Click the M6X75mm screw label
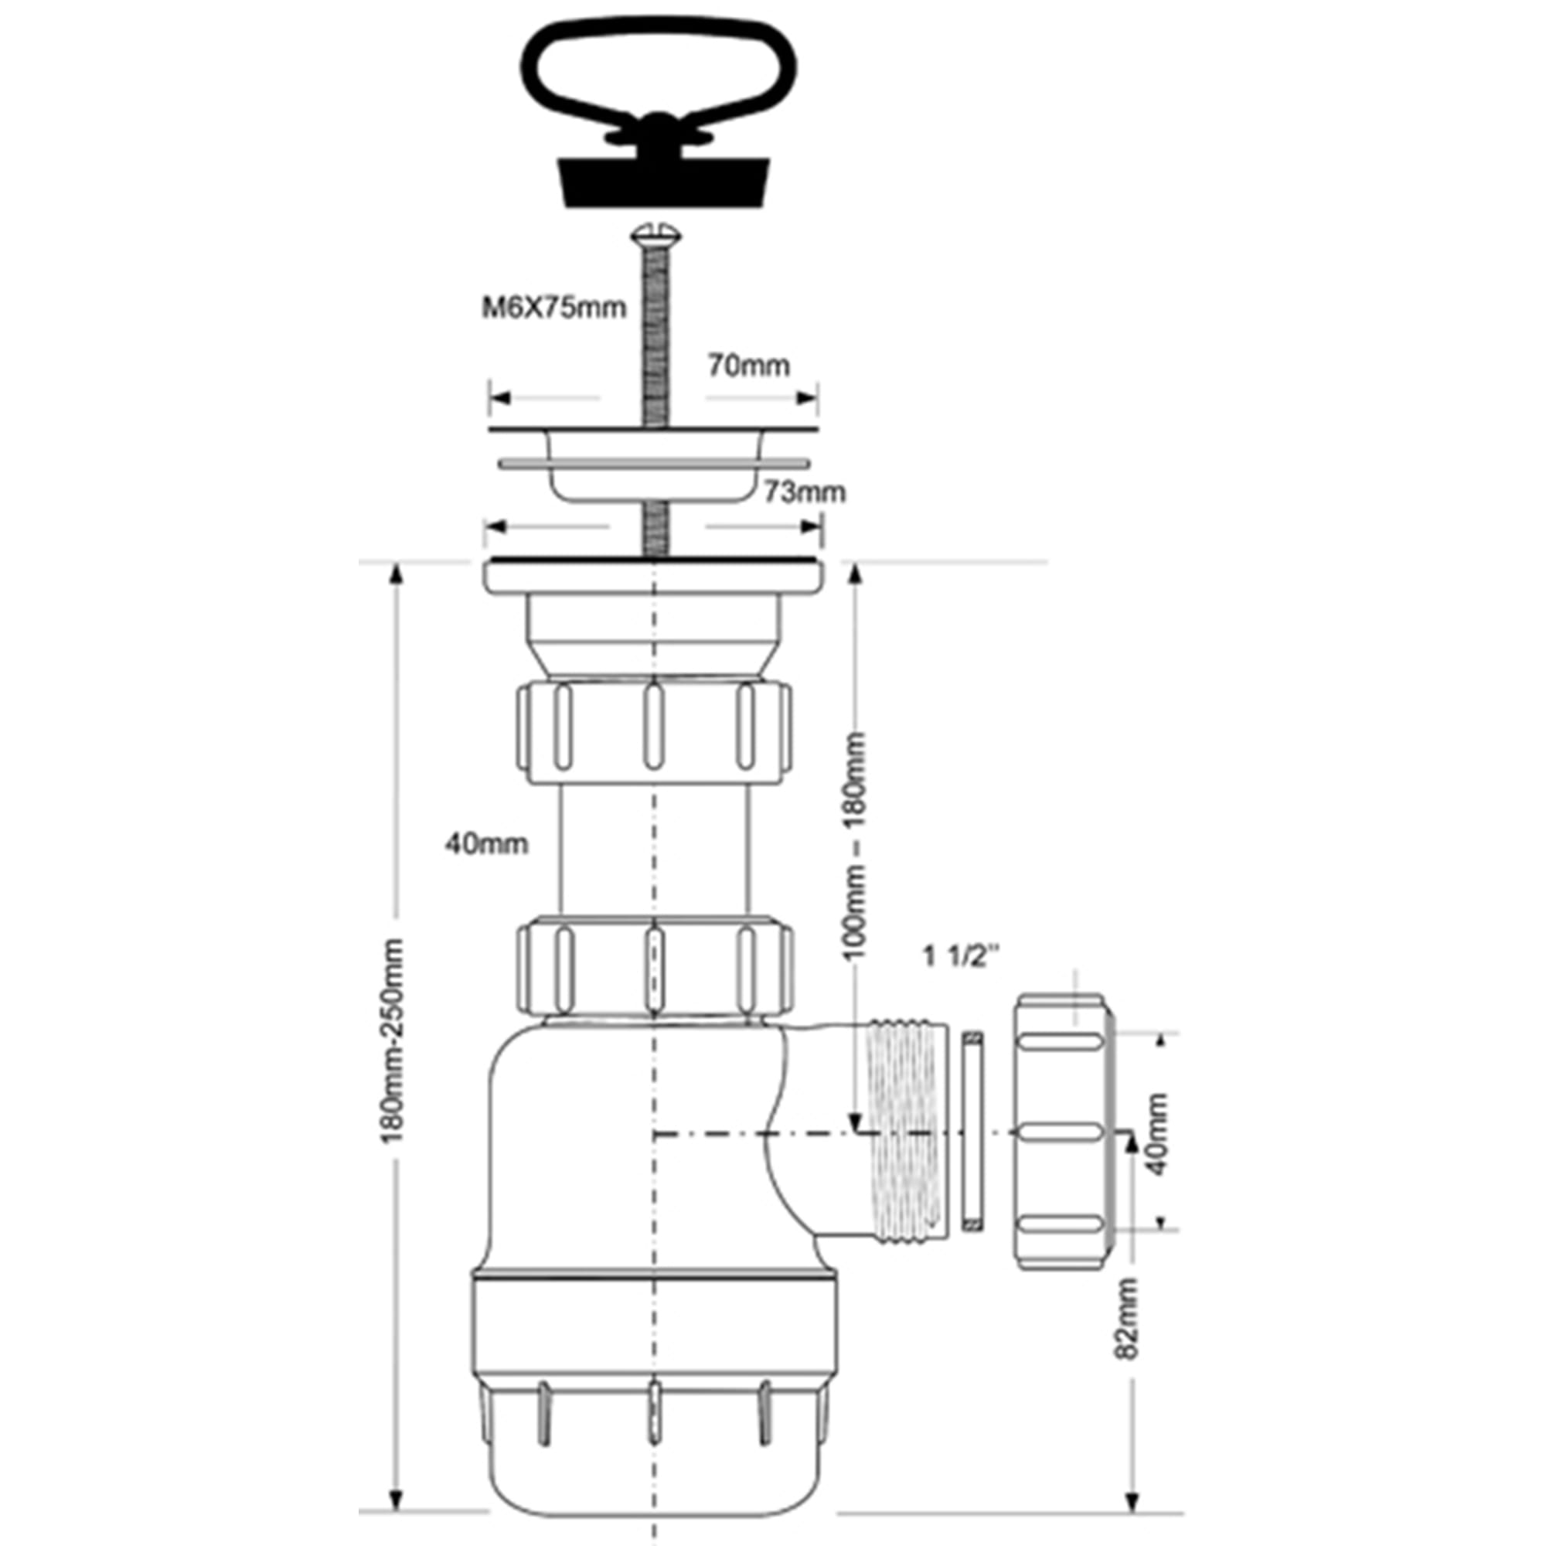pyautogui.click(x=553, y=308)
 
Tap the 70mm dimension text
pyautogui.click(x=748, y=366)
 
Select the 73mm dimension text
pyautogui.click(x=804, y=492)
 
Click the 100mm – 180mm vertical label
pyautogui.click(x=856, y=845)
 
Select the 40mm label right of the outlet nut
pyautogui.click(x=1157, y=1134)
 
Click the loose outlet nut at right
pyautogui.click(x=1064, y=1132)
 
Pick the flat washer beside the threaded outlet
pyautogui.click(x=972, y=1131)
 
